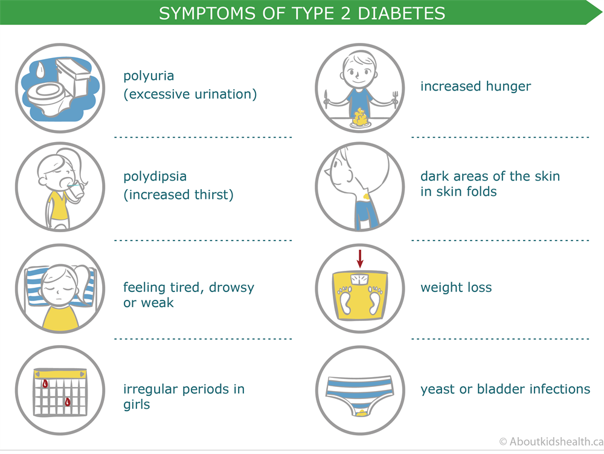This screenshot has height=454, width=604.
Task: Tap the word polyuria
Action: coord(149,76)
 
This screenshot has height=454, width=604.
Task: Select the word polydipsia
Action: coord(155,177)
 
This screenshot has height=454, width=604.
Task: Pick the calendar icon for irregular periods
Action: coord(60,391)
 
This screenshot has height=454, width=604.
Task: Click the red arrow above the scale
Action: coord(360,258)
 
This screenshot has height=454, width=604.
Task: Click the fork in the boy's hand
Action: coord(394,99)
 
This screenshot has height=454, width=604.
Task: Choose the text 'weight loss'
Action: coord(456,287)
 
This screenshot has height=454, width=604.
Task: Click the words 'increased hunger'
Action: coord(475,86)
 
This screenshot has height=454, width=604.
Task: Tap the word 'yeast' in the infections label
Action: coord(437,389)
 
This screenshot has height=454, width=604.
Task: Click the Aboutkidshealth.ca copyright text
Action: coord(548,442)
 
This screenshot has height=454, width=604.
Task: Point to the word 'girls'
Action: coord(137,404)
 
